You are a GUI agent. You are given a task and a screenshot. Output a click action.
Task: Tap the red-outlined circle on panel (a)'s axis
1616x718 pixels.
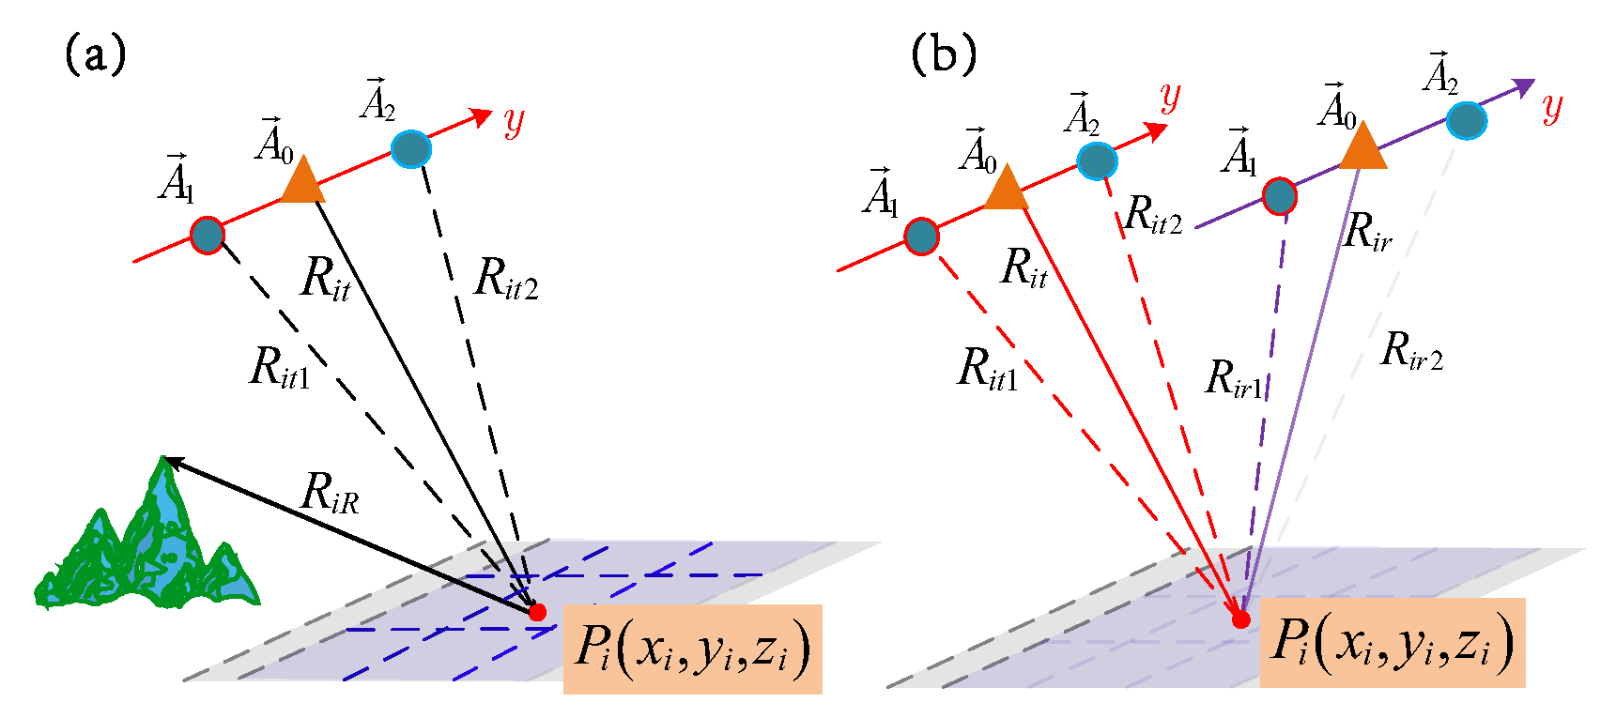click(208, 235)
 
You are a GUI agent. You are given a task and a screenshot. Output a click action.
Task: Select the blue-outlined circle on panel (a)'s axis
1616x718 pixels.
click(410, 149)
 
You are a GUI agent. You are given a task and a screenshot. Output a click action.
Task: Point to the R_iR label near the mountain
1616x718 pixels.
click(330, 493)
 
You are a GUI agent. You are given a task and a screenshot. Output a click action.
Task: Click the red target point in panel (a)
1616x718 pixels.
click(537, 612)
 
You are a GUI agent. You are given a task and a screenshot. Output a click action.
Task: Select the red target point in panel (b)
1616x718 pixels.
click(1241, 619)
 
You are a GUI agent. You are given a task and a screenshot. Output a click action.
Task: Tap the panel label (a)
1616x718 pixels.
click(95, 55)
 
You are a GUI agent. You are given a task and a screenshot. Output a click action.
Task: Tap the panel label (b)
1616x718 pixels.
click(944, 55)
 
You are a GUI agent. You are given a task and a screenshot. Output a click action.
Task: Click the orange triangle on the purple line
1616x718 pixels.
click(1362, 148)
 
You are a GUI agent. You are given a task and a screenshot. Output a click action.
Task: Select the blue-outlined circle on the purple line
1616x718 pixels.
click(1466, 120)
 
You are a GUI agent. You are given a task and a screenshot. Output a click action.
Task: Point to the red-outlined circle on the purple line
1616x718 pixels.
click(1279, 197)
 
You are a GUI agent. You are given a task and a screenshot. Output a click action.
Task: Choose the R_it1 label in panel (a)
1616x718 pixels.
click(280, 367)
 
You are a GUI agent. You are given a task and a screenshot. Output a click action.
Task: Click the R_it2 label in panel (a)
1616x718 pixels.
click(506, 279)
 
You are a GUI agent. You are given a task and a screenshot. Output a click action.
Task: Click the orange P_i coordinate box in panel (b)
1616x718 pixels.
click(1392, 644)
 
